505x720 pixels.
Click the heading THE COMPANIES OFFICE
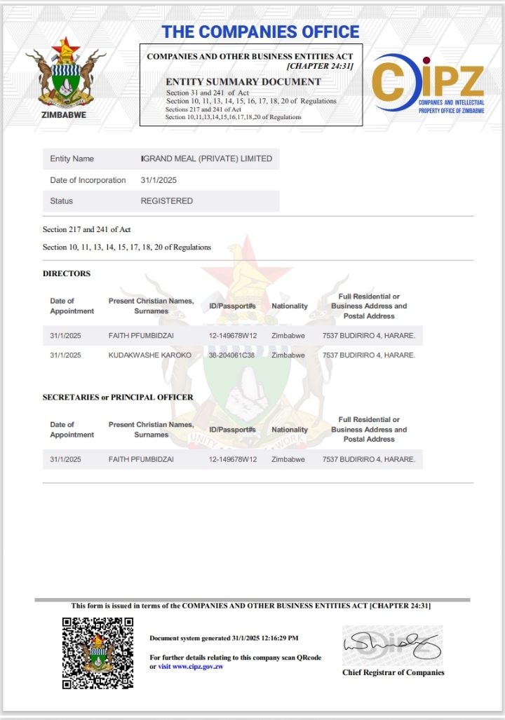click(260, 32)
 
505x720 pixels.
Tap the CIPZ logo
click(428, 83)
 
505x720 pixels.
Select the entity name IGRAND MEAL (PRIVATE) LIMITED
click(207, 159)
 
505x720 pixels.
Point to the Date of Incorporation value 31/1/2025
click(158, 180)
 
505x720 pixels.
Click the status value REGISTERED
click(166, 201)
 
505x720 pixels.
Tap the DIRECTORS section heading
click(67, 273)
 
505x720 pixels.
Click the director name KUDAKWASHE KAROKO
click(149, 355)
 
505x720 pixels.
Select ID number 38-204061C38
click(233, 355)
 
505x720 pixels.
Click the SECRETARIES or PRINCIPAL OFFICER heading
click(118, 397)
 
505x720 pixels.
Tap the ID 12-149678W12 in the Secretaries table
click(233, 460)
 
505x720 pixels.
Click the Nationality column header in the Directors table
click(290, 306)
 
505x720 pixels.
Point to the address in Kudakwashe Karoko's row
click(368, 355)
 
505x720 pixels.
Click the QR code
click(97, 653)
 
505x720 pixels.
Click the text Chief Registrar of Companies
click(393, 673)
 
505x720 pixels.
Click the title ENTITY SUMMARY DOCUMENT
click(243, 81)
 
